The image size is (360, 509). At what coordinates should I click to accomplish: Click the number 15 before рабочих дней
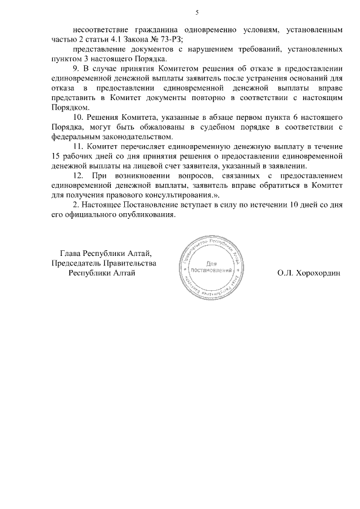pyautogui.click(x=55, y=155)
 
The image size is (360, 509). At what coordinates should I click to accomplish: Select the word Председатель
pyautogui.click(x=74, y=263)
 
